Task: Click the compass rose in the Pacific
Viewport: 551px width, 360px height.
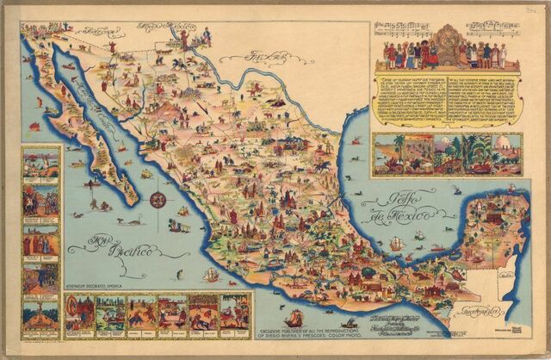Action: pos(158,200)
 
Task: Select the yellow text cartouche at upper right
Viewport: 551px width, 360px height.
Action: pos(447,98)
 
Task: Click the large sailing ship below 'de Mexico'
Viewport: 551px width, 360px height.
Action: pos(394,245)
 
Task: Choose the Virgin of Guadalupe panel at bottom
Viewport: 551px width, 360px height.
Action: pos(234,314)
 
